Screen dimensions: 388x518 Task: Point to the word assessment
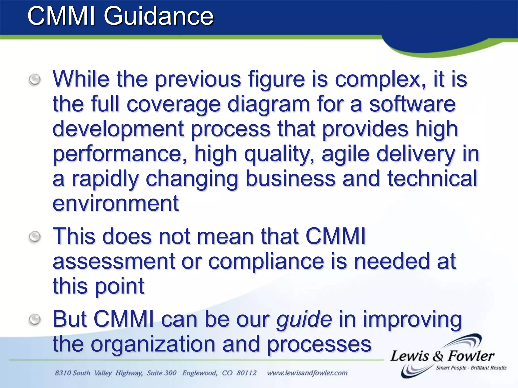pos(114,261)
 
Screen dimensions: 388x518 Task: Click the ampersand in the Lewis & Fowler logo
pos(438,356)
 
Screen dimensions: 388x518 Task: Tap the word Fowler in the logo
pos(471,356)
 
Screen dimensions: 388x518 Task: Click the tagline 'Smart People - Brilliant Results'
pos(471,368)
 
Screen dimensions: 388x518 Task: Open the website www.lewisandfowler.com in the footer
pos(307,373)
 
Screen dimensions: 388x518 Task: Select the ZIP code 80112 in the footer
pos(246,373)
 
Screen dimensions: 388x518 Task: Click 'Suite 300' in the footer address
pos(162,373)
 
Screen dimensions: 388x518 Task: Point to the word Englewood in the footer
pos(200,373)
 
